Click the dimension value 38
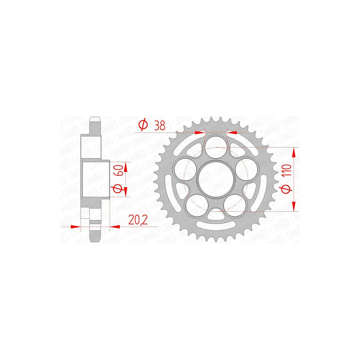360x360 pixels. tap(159, 126)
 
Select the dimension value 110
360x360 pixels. tap(289, 170)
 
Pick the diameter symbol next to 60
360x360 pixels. tap(120, 190)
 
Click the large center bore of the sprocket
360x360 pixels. tap(216, 179)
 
